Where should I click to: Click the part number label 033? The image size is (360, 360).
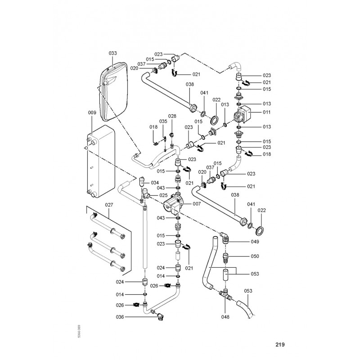coord(112,53)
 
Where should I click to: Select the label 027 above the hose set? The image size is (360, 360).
coord(110,204)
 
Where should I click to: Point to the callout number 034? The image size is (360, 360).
coord(155,183)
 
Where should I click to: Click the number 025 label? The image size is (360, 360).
coord(163,195)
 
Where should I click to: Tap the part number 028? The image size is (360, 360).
coord(172,117)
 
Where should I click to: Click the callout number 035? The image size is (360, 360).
coord(163,121)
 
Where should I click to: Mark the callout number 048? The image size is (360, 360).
coord(225,317)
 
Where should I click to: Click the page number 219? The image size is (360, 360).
coord(280,345)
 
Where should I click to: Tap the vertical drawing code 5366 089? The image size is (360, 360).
coord(79,332)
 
